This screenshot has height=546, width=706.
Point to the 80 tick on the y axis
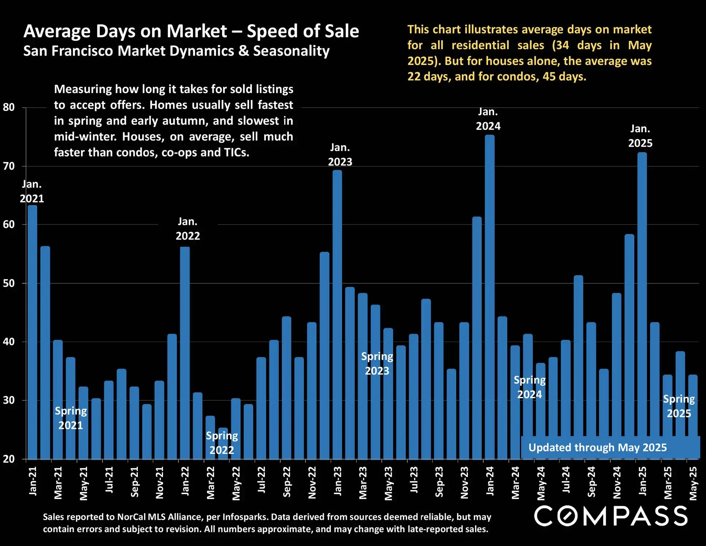click(x=9, y=107)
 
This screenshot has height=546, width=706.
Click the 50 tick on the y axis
click(x=9, y=283)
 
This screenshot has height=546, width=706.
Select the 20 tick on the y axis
click(x=9, y=459)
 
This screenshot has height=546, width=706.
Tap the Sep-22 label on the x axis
click(x=287, y=482)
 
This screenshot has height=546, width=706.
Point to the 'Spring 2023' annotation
click(x=377, y=364)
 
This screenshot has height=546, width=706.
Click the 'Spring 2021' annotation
click(x=71, y=418)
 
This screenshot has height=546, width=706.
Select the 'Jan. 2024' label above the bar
click(x=488, y=119)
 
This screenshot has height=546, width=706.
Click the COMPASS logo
click(x=611, y=516)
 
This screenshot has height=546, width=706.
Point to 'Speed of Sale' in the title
click(x=303, y=31)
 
